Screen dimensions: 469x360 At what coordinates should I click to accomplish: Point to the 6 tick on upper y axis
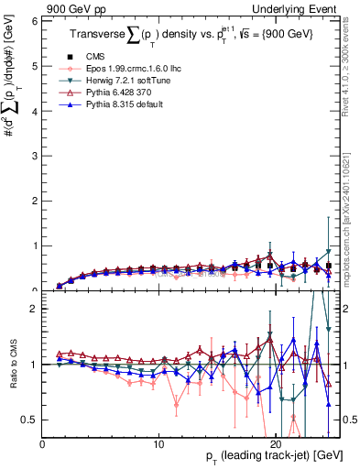pos(36,19)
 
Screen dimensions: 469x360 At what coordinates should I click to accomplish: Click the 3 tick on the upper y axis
pos(36,155)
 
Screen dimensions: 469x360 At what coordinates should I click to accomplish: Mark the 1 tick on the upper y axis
pos(36,245)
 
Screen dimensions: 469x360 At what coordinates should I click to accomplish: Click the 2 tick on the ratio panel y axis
pos(36,309)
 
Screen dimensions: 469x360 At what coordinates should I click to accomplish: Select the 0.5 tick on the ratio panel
pos(32,420)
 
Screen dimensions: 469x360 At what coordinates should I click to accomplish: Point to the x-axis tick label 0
pos(42,444)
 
